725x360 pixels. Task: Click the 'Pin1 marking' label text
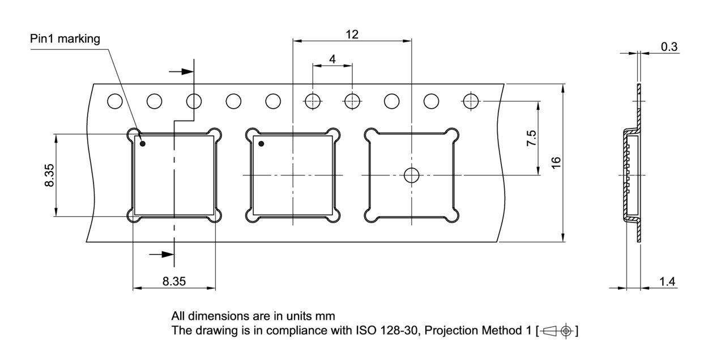65,39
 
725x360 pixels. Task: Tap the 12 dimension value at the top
352,34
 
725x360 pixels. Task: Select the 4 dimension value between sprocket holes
332,59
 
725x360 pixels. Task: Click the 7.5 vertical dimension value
531,138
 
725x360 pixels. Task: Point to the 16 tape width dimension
556,162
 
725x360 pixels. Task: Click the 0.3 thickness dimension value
669,47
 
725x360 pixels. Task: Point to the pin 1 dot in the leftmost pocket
143,144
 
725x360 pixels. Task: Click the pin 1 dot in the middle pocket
262,144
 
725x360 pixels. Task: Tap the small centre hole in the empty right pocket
411,175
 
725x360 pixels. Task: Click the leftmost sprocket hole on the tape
115,101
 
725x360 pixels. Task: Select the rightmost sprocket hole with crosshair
471,101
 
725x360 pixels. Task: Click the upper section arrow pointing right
182,72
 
